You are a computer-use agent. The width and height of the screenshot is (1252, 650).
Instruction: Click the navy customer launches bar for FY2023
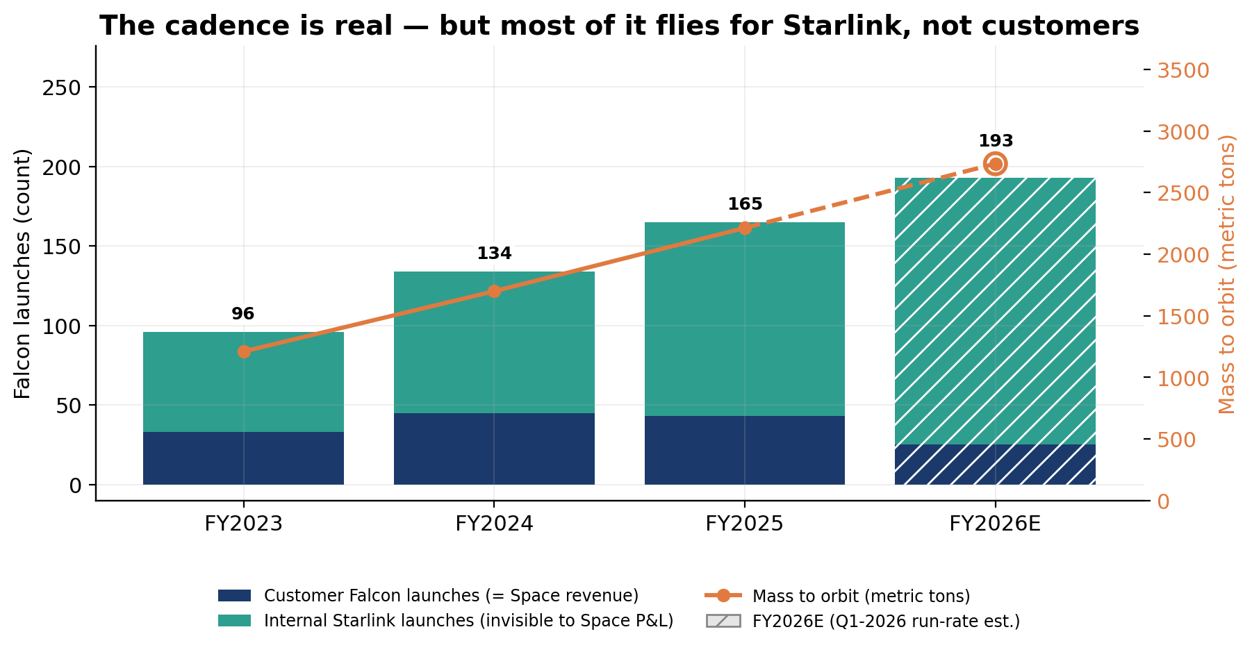point(243,458)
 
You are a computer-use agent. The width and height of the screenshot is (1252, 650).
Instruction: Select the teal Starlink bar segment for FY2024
point(494,342)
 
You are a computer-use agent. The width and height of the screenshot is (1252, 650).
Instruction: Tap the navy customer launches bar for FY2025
point(745,450)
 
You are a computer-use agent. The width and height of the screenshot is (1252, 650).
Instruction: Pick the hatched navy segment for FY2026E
point(995,465)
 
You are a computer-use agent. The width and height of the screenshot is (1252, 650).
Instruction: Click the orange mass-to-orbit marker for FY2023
point(244,351)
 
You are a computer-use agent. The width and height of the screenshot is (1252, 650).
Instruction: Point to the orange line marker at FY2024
point(494,291)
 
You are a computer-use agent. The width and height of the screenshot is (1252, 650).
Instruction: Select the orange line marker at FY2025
point(745,228)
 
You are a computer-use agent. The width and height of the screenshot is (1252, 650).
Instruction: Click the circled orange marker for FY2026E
point(995,164)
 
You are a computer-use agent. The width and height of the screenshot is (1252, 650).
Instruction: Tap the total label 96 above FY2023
point(243,314)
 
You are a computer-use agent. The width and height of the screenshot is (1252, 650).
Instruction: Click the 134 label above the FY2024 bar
point(494,253)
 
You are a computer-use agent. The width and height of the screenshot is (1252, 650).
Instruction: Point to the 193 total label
point(996,141)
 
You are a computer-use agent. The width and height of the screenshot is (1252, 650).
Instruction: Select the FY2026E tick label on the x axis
point(995,524)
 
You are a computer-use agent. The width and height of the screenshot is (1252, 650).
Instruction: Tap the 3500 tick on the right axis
point(1183,71)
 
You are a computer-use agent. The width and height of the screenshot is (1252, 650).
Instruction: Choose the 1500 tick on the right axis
point(1183,317)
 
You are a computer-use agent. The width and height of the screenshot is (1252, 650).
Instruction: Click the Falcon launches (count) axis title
point(23,274)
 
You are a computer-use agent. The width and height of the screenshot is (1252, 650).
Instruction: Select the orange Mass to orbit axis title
point(1228,274)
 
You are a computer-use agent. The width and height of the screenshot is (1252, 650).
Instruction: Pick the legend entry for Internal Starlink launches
point(446,621)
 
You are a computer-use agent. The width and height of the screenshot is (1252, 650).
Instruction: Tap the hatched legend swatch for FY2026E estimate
point(723,621)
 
